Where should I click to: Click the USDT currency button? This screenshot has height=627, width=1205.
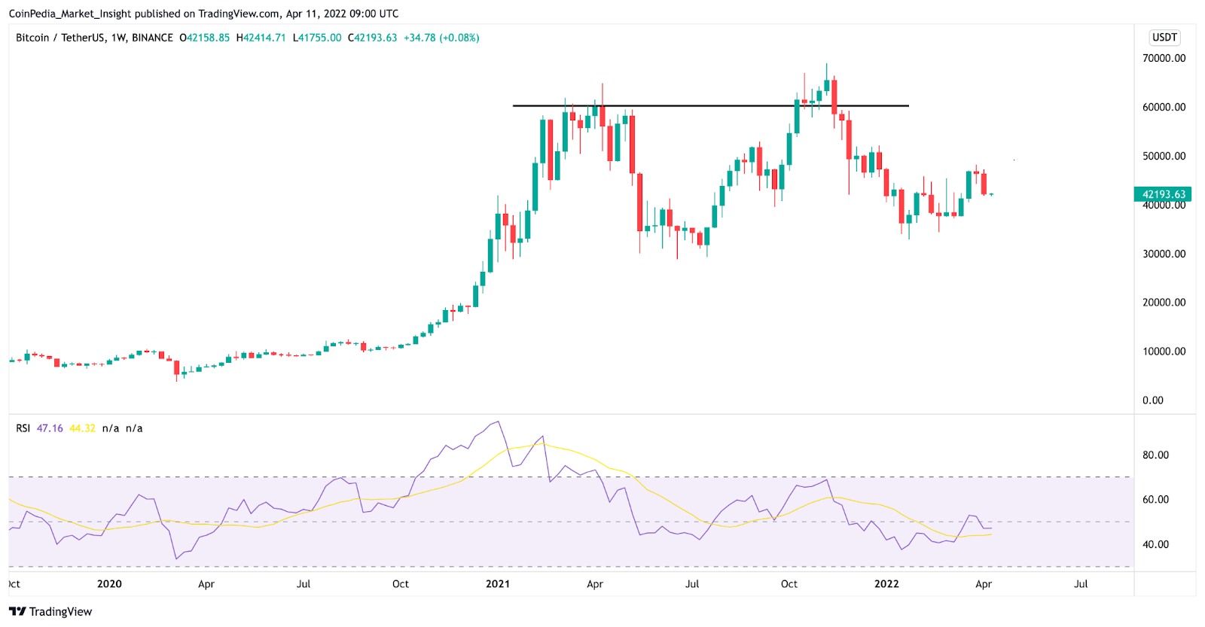pos(1164,38)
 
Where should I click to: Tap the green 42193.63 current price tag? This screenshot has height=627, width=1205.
pos(1163,194)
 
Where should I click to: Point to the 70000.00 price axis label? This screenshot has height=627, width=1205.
pos(1164,58)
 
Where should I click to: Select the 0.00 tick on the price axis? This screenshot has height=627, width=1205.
pos(1152,400)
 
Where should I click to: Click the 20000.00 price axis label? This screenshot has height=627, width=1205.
pos(1164,303)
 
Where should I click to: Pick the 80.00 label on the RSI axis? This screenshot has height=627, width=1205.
pos(1155,455)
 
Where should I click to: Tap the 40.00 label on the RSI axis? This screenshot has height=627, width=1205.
pos(1155,544)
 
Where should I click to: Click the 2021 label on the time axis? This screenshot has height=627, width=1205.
pos(498,584)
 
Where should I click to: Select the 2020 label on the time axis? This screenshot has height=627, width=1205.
pos(109,584)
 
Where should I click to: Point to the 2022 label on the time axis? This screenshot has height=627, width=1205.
pos(886,584)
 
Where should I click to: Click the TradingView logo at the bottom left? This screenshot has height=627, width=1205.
pos(50,611)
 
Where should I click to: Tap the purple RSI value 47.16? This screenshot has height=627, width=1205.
pos(50,428)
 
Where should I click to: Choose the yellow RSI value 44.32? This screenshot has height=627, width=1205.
pos(82,428)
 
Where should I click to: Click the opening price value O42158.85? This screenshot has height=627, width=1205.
pos(204,38)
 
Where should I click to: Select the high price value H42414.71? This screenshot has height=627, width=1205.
pos(261,38)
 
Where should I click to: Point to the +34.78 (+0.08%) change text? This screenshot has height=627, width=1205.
pos(441,38)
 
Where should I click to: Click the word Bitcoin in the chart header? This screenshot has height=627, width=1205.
pos(32,38)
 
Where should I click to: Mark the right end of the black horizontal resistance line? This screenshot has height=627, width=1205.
pos(908,106)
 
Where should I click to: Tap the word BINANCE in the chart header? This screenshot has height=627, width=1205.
pos(152,38)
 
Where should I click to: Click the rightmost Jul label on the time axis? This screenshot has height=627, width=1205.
pos(1081,584)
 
